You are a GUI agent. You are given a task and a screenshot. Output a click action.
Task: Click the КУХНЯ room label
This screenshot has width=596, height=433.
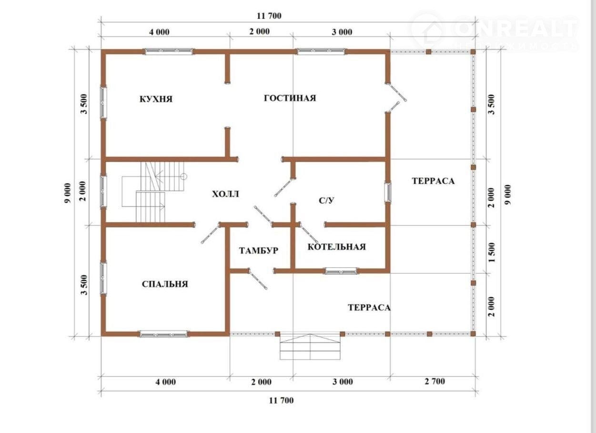pyautogui.click(x=156, y=99)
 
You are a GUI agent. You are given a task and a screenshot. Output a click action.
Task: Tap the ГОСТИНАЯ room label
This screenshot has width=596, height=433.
pyautogui.click(x=290, y=98)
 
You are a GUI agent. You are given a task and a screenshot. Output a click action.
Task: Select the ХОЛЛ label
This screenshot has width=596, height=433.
pyautogui.click(x=225, y=194)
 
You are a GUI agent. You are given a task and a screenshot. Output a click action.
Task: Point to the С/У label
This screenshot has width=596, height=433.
pyautogui.click(x=326, y=200)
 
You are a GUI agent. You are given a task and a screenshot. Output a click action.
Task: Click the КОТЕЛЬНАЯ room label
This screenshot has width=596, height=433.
pyautogui.click(x=336, y=247)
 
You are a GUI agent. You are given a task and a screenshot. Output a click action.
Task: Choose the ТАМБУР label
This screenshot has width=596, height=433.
pyautogui.click(x=259, y=250)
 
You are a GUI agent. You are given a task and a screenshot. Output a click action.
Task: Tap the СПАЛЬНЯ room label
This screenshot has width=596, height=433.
pyautogui.click(x=165, y=284)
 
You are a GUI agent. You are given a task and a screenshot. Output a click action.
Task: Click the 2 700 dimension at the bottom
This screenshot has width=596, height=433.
pyautogui.click(x=435, y=382)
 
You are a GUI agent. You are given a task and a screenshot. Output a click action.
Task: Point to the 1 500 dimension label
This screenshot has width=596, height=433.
pyautogui.click(x=492, y=252)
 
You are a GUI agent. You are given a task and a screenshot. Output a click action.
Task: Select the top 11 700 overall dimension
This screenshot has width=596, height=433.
pyautogui.click(x=269, y=16)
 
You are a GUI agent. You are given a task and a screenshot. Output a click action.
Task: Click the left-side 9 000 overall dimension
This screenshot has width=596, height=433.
pyautogui.click(x=68, y=193)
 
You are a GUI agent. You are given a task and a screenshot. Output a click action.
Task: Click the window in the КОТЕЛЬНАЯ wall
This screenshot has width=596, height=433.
pyautogui.click(x=341, y=271)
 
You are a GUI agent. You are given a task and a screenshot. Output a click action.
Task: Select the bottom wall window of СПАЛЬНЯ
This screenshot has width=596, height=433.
pyautogui.click(x=163, y=334)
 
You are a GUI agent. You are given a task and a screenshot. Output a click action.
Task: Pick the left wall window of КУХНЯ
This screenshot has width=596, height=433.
pyautogui.click(x=103, y=102)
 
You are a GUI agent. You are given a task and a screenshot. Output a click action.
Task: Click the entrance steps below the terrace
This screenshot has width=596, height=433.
pyautogui.click(x=310, y=347)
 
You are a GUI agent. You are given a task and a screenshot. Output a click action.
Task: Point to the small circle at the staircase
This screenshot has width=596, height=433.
pyautogui.click(x=184, y=176)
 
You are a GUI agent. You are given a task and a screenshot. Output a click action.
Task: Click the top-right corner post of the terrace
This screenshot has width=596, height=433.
pyautogui.click(x=473, y=51)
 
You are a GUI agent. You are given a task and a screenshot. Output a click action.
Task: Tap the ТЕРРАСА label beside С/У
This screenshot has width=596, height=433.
pyautogui.click(x=433, y=181)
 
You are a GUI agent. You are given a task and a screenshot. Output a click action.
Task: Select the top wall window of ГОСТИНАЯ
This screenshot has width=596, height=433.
pyautogui.click(x=321, y=51)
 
